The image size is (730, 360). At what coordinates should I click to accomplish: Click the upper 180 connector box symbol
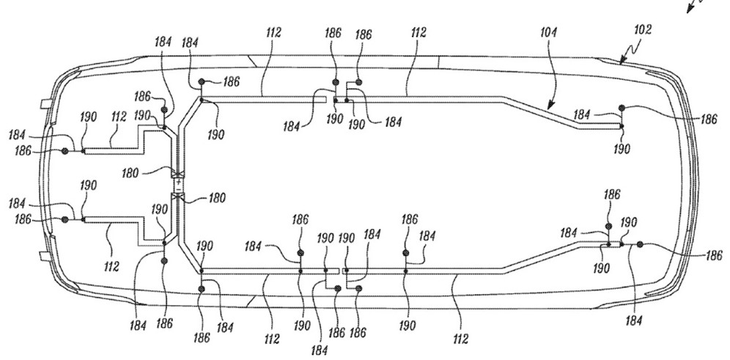(177, 175)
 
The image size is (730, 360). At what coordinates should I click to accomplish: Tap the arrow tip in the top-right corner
(690, 11)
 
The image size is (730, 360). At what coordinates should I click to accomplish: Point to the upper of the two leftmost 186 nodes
(64, 151)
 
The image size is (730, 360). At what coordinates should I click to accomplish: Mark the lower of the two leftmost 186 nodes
(64, 219)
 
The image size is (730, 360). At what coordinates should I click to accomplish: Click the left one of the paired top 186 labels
(333, 34)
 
